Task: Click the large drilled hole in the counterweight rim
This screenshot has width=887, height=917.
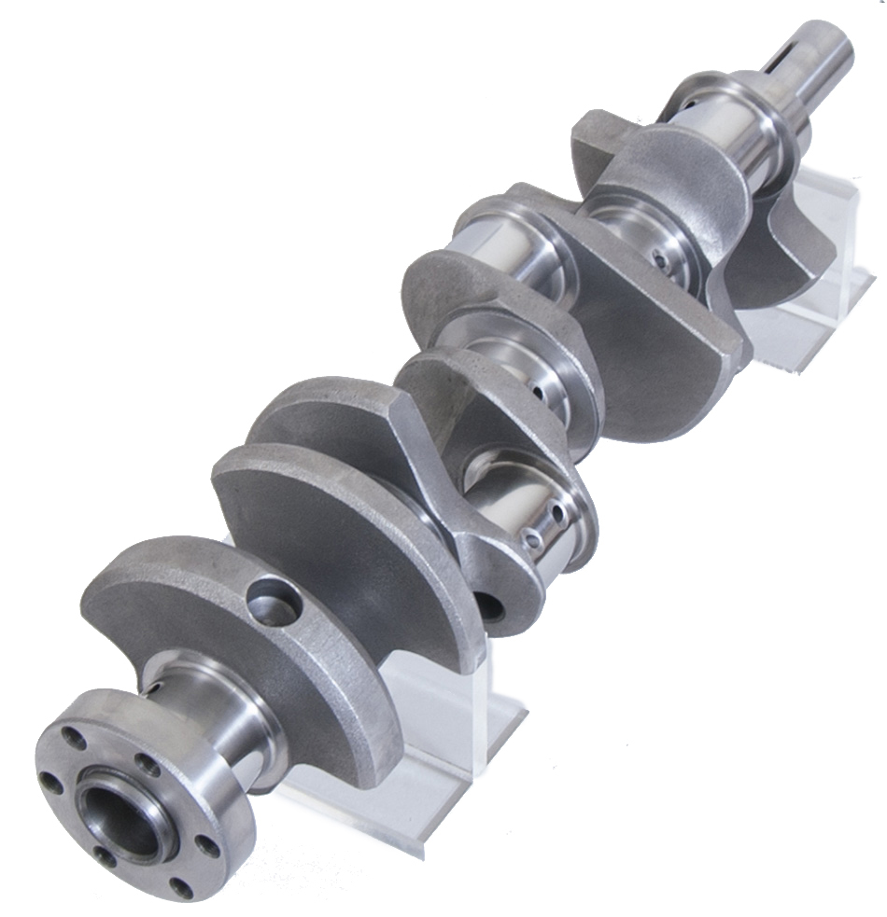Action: pyautogui.click(x=272, y=601)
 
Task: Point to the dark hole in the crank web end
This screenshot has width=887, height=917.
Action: pyautogui.click(x=492, y=608)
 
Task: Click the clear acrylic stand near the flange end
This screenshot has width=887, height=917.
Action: pyautogui.click(x=439, y=746)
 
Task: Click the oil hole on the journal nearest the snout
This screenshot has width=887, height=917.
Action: pyautogui.click(x=662, y=262)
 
